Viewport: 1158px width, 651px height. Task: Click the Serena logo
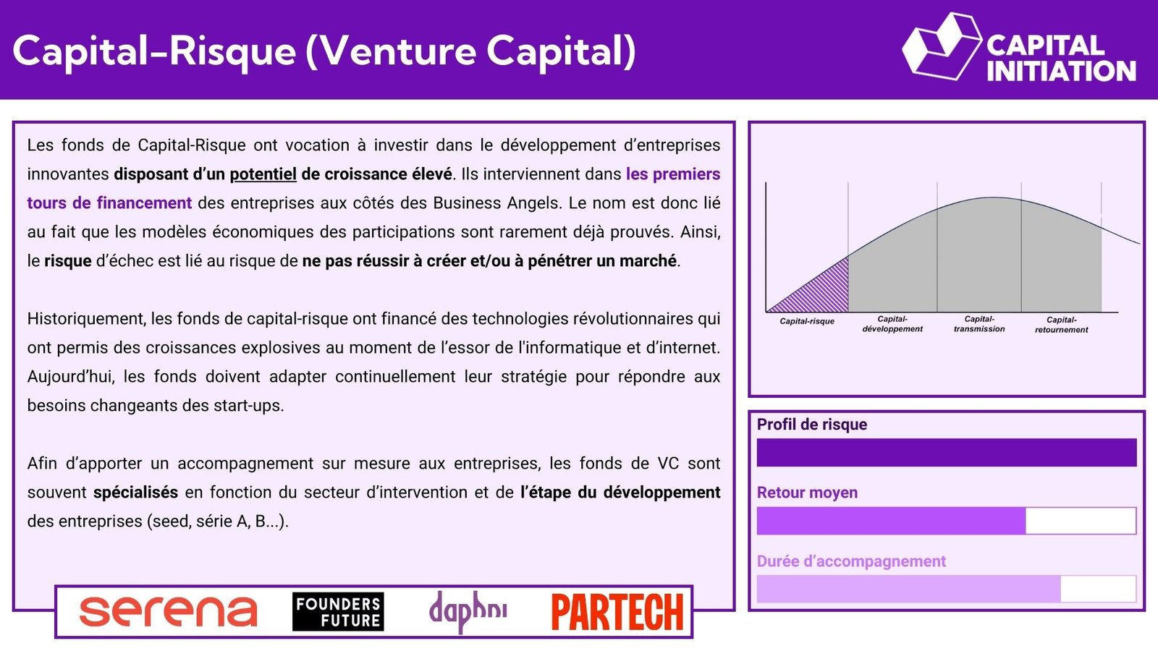coord(168,612)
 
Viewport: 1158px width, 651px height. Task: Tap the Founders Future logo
coord(338,612)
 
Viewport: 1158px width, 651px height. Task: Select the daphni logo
coord(468,612)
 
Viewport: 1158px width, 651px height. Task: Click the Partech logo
coord(618,612)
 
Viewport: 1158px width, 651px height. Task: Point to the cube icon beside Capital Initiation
coord(942,46)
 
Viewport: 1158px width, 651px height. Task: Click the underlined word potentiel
coord(263,174)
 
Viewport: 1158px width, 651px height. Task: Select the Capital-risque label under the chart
coord(807,321)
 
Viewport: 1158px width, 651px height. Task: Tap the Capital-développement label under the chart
coord(892,324)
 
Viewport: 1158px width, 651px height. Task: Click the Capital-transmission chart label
coord(979,324)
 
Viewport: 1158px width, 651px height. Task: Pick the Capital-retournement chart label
coord(1061,325)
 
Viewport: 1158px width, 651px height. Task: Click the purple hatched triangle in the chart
coord(822,292)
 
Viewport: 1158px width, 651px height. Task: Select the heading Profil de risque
coord(811,424)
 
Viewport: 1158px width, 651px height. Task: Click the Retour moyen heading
coord(807,493)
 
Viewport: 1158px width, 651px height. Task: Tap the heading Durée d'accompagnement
coord(851,561)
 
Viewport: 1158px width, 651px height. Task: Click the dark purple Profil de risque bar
coord(947,453)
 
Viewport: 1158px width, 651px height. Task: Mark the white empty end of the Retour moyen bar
coord(1081,521)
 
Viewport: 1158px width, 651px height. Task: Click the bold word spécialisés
coord(135,493)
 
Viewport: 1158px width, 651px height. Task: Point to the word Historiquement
coord(86,319)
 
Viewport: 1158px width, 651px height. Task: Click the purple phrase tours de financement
coord(109,203)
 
